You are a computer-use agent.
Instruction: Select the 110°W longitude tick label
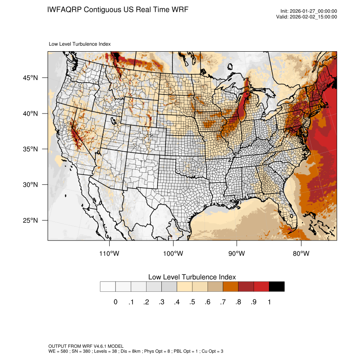(109, 254)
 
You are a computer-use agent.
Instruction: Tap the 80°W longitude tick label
(301, 254)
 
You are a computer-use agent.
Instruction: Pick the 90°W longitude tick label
(237, 254)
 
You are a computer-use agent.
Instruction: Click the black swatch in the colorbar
(277, 287)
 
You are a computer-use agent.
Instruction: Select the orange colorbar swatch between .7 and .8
(230, 287)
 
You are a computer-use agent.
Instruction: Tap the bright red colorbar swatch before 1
(261, 287)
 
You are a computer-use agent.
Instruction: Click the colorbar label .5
(192, 302)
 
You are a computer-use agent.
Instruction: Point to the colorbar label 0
(115, 302)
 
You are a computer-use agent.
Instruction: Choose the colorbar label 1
(269, 302)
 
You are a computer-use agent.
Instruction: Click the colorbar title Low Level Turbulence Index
(192, 277)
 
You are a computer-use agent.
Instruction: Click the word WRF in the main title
(179, 9)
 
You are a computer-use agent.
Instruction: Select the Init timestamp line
(309, 11)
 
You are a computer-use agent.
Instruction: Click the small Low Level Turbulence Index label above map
(80, 44)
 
